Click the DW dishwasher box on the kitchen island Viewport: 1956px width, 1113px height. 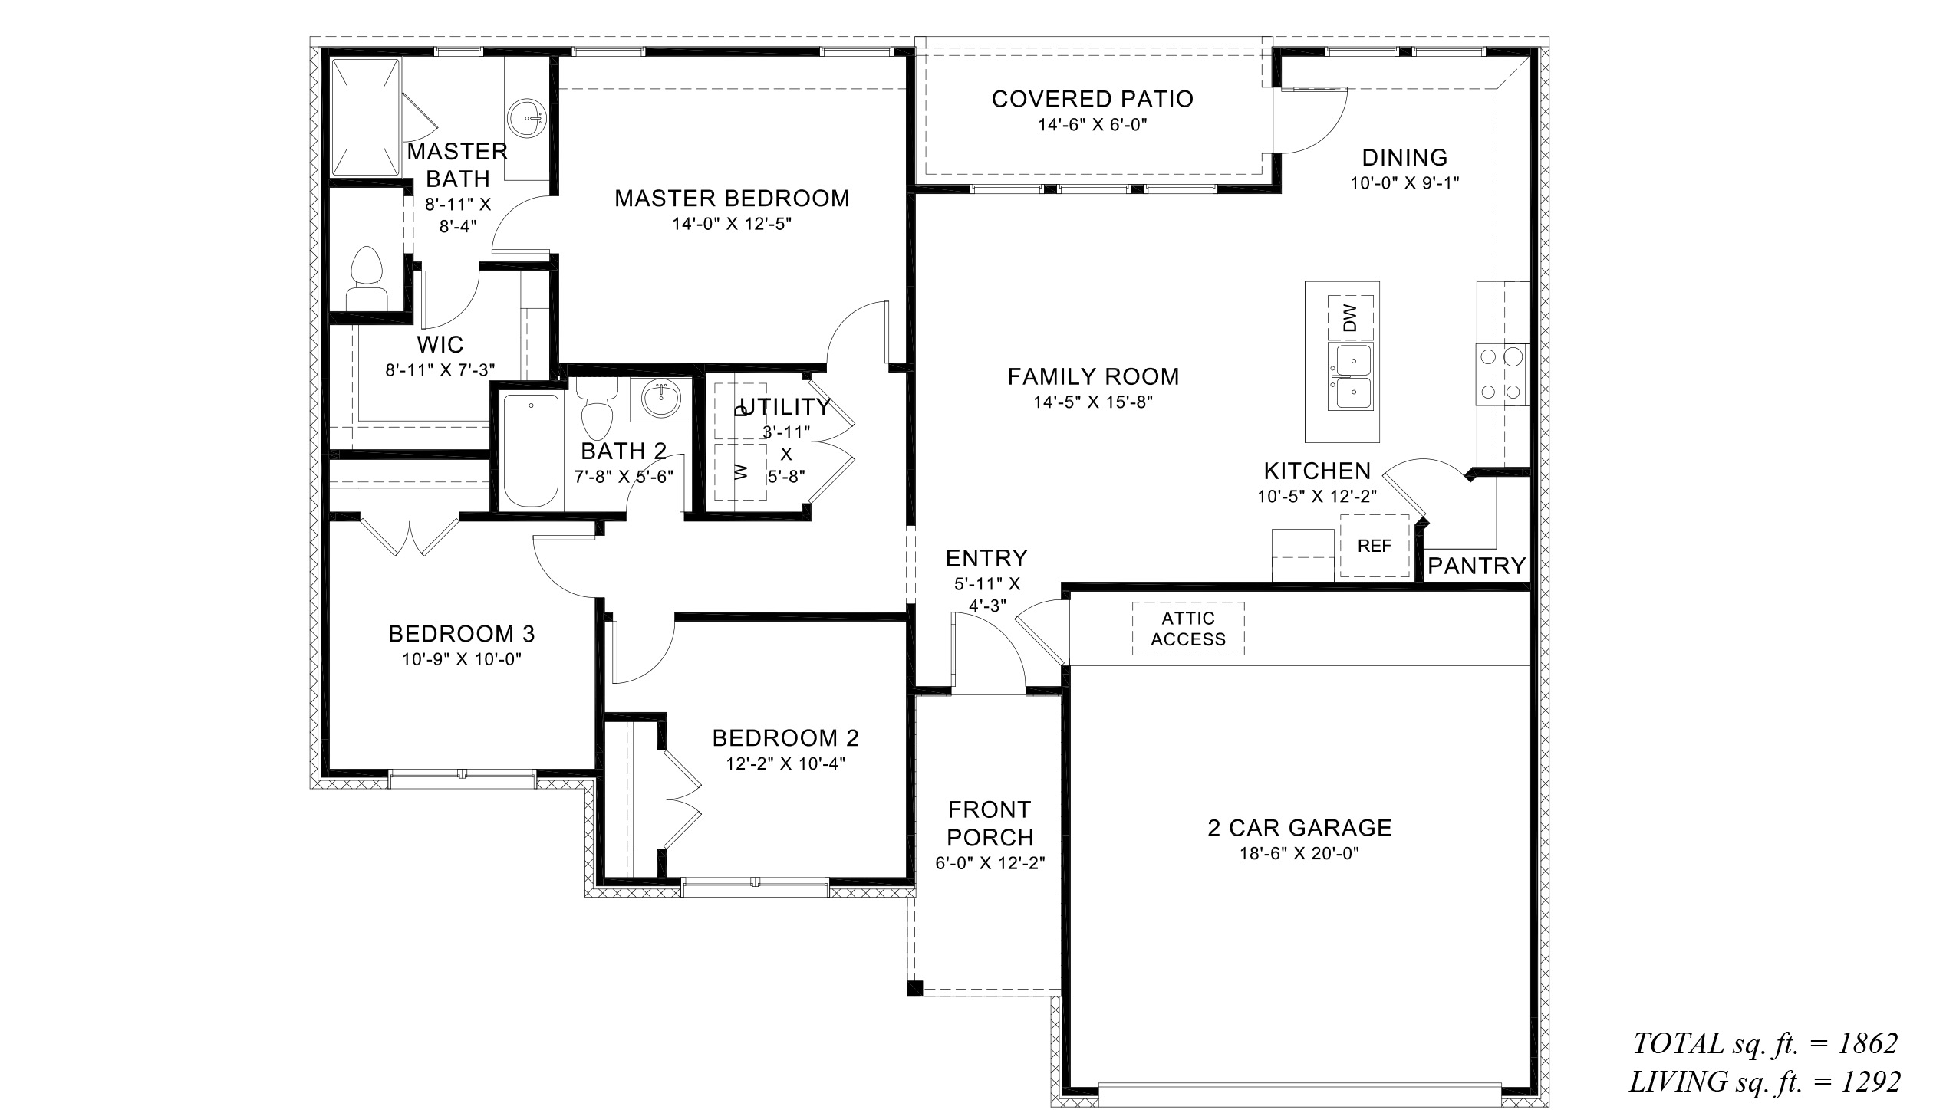pos(1350,317)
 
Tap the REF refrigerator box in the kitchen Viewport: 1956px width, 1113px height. pos(1375,546)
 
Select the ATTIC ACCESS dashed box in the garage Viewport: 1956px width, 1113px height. pos(1188,629)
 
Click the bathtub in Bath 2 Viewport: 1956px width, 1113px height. pos(531,451)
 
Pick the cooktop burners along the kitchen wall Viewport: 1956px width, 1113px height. pos(1501,374)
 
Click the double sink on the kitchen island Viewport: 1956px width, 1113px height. pos(1350,376)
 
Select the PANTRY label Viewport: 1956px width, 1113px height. pos(1477,566)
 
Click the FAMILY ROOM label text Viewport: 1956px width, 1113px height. pos(1093,376)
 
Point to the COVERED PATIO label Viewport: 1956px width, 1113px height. pos(1092,99)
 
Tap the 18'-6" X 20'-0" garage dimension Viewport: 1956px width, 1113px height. pos(1299,854)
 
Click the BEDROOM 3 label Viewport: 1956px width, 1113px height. pos(462,634)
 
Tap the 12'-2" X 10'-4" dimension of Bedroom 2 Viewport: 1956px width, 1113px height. pos(786,763)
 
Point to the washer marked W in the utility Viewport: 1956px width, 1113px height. pos(740,471)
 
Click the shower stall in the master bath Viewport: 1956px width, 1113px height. pos(365,117)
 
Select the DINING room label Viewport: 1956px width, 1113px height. pos(1405,158)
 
